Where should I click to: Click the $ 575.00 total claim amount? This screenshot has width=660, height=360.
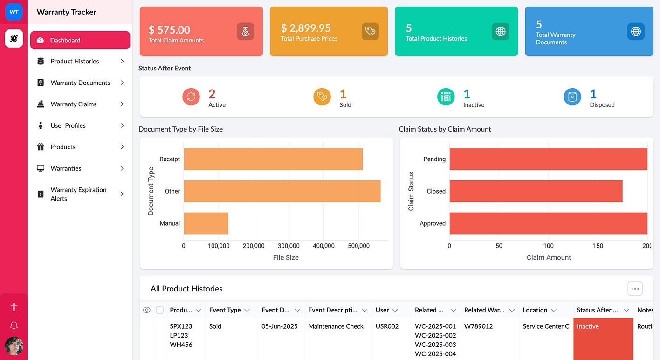[x=169, y=30]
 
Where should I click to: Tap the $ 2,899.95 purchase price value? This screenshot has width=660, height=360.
[x=306, y=28]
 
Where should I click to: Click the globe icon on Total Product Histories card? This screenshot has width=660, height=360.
[x=500, y=31]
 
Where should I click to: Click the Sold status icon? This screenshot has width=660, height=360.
[x=322, y=97]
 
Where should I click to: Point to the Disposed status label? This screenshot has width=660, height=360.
[x=602, y=105]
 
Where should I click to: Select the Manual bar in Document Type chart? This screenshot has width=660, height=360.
[x=206, y=223]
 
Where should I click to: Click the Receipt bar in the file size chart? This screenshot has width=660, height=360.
[x=273, y=159]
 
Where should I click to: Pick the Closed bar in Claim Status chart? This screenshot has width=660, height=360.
[x=536, y=191]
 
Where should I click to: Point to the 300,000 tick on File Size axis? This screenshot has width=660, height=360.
[x=289, y=246]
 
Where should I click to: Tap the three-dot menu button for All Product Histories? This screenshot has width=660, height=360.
[x=635, y=289]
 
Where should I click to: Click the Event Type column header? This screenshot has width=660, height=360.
[x=225, y=310]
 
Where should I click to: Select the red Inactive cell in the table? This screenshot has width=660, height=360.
[x=603, y=338]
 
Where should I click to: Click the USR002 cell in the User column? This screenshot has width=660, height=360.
[x=387, y=326]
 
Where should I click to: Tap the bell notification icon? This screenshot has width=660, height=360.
[x=14, y=325]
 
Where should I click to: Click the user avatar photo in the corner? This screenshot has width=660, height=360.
[x=14, y=346]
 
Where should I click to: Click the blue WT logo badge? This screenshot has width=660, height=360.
[x=14, y=12]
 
